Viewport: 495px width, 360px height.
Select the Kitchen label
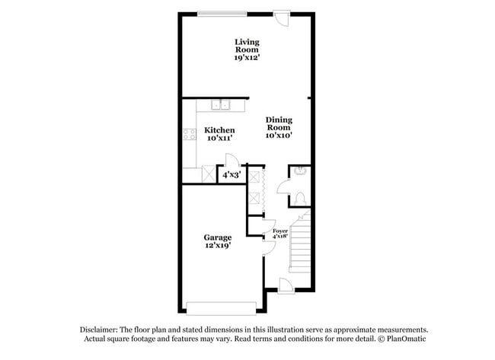(x=219, y=130)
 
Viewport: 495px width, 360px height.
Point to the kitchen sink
(x=222, y=105)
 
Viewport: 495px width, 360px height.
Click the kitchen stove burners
(x=188, y=135)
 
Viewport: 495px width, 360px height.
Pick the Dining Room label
(x=279, y=123)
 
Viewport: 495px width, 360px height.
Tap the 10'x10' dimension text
(x=279, y=135)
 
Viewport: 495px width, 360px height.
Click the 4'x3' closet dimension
(x=230, y=175)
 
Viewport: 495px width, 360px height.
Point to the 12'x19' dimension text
(x=218, y=246)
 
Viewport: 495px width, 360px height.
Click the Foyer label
(x=280, y=230)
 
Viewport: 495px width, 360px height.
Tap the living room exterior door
(x=282, y=18)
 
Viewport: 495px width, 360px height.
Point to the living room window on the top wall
(x=221, y=12)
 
